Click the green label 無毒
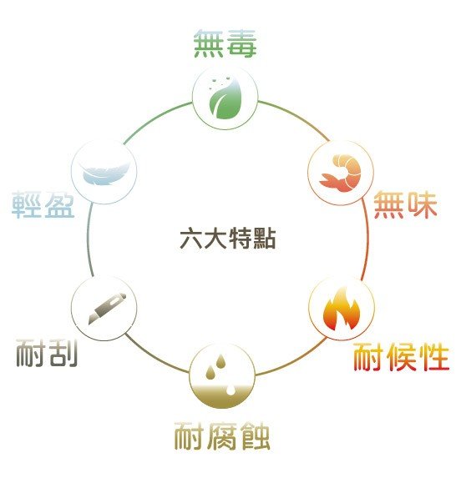coord(225,43)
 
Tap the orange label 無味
coord(405,205)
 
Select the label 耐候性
coord(401,357)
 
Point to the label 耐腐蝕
coord(222,436)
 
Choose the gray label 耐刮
coord(47,353)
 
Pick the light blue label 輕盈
coord(43,204)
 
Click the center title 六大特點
coord(228,238)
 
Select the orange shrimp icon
coord(341,173)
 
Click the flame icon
coord(342,309)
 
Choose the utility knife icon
coord(108,308)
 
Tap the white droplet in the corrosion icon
coord(231,390)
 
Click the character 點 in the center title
coord(264,238)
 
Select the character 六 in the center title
coord(191,238)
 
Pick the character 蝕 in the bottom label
coord(255,436)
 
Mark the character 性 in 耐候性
coord(433,357)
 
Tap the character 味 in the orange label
coord(423,205)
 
